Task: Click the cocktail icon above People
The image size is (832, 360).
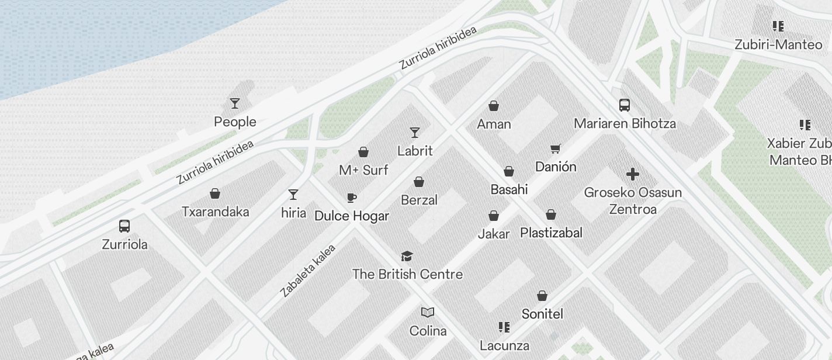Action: click(235, 103)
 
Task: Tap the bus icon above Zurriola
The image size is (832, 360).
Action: click(124, 226)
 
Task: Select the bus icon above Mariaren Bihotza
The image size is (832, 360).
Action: click(625, 105)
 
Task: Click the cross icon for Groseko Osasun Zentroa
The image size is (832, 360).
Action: click(632, 174)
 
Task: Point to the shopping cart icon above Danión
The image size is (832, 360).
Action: click(555, 149)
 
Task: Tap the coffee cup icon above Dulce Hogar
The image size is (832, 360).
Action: click(351, 198)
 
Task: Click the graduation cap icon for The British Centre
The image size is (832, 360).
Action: click(407, 256)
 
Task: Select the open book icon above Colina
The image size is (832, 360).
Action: click(428, 313)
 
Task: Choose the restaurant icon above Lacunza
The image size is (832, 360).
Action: click(504, 327)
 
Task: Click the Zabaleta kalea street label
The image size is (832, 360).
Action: click(308, 271)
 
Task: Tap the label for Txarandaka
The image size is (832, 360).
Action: click(215, 212)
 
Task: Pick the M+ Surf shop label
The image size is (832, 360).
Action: click(363, 170)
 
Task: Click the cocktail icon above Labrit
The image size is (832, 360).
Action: click(415, 133)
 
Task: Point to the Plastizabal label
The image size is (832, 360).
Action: click(551, 233)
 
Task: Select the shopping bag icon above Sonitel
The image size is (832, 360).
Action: click(542, 296)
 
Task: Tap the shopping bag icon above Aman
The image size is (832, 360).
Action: click(494, 106)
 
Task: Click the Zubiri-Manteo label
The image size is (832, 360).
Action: click(778, 44)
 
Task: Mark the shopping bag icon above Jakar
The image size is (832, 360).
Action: click(494, 216)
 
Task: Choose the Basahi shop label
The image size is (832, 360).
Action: click(509, 189)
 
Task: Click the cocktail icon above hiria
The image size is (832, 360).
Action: click(293, 195)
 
